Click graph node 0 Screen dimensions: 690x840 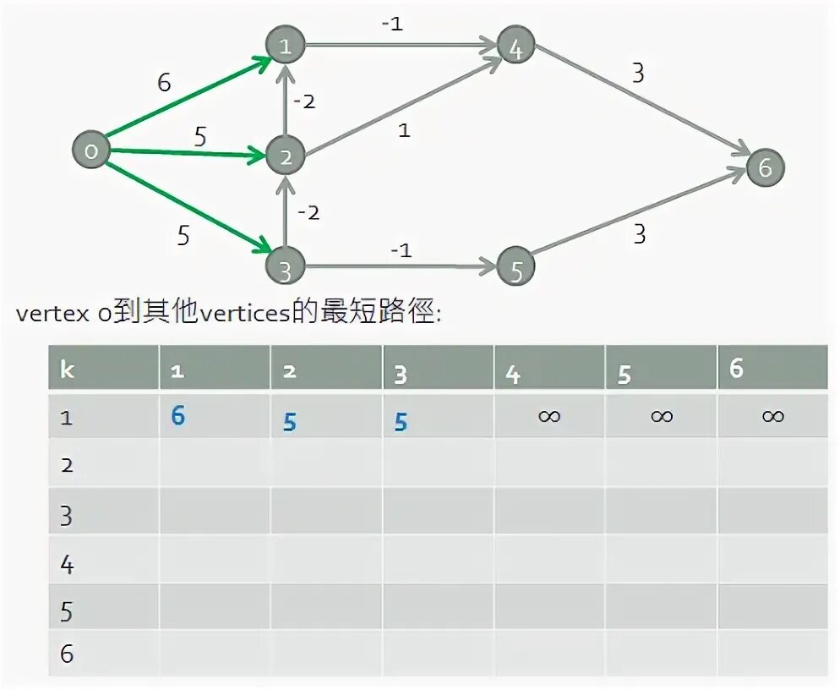point(91,151)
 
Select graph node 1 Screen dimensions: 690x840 point(285,47)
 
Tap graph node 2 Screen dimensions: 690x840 point(286,156)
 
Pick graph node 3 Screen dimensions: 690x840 point(285,270)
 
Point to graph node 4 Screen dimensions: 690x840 point(515,47)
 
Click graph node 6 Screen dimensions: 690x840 point(765,167)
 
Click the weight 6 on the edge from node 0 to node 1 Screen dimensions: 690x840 point(164,83)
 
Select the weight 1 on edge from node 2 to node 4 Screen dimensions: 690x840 point(404,131)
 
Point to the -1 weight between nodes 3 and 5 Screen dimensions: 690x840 point(401,249)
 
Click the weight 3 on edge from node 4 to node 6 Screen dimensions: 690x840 point(638,74)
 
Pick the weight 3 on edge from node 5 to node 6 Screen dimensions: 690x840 point(640,233)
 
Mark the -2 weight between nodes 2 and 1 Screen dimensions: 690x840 point(304,101)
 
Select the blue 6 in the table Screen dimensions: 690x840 point(177,415)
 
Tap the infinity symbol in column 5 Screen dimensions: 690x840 point(662,416)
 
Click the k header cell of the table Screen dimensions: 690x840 point(68,370)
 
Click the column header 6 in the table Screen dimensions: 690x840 point(737,369)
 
